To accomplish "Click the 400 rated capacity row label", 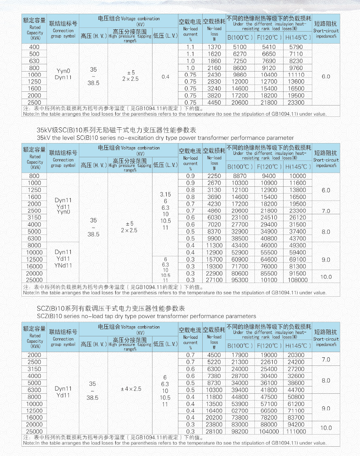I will tap(34, 47).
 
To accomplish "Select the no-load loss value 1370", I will tap(214, 47).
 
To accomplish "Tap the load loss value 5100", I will tap(239, 47).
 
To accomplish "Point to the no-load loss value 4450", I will tap(214, 103).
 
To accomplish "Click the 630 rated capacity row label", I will tap(34, 61).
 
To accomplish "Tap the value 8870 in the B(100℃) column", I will tap(239, 176).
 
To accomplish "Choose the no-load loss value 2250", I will tap(214, 176).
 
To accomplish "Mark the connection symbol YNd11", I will tap(64, 266).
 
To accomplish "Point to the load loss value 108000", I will tap(298, 280).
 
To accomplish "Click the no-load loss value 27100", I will tap(214, 280).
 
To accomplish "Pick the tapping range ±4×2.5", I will tap(131, 389).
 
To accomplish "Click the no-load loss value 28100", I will tap(214, 431).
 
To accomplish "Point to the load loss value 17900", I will tap(240, 355).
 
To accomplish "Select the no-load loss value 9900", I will tap(214, 239).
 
